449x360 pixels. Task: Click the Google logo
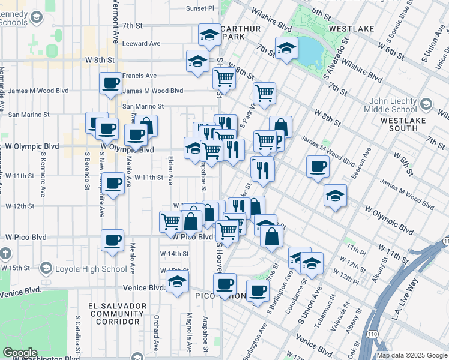tap(20, 353)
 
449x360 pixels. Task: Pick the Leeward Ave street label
tap(141, 44)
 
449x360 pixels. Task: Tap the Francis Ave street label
tap(139, 76)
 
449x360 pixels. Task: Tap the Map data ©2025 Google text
tap(411, 355)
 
